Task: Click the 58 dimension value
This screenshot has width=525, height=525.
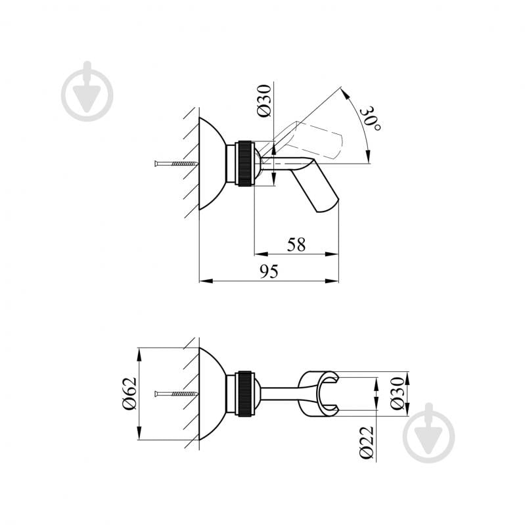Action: pyautogui.click(x=296, y=244)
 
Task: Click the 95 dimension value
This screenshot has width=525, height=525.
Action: pyautogui.click(x=269, y=271)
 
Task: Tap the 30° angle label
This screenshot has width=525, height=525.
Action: pyautogui.click(x=373, y=118)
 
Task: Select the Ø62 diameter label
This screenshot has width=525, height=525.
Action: pyautogui.click(x=129, y=394)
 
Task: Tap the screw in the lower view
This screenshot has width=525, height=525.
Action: pyautogui.click(x=175, y=394)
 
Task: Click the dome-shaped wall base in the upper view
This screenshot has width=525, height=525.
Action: pyautogui.click(x=212, y=164)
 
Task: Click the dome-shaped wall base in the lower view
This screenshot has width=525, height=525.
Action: pyautogui.click(x=212, y=394)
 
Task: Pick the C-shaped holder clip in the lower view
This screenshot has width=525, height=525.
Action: pyautogui.click(x=317, y=394)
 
